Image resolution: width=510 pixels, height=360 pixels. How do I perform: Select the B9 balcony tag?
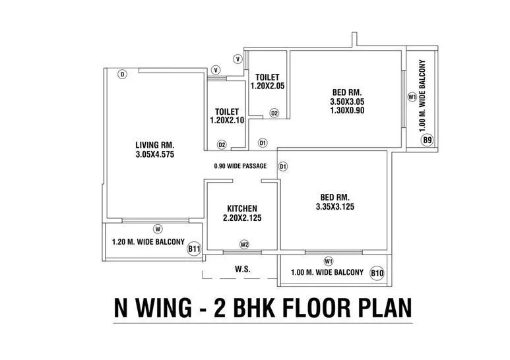pyautogui.click(x=427, y=140)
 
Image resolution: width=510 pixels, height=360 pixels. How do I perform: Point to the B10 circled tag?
pyautogui.click(x=377, y=273)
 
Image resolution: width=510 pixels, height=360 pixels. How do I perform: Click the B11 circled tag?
pyautogui.click(x=194, y=249)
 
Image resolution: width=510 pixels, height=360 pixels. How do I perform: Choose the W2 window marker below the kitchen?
pyautogui.click(x=244, y=245)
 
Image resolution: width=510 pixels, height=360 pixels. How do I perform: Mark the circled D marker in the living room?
pyautogui.click(x=122, y=75)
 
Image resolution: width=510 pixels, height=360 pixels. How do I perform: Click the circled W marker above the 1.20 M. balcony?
pyautogui.click(x=158, y=229)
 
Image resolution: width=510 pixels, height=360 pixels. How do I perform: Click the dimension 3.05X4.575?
pyautogui.click(x=154, y=155)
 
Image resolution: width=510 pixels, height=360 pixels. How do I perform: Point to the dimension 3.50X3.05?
pyautogui.click(x=347, y=102)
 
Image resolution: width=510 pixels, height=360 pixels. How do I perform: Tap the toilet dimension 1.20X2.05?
pyautogui.click(x=267, y=86)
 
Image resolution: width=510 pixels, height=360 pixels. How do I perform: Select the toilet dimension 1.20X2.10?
pyautogui.click(x=226, y=121)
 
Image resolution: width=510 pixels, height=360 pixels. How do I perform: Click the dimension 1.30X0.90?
pyautogui.click(x=347, y=111)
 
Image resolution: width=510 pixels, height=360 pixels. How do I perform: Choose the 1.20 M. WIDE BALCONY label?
pyautogui.click(x=148, y=242)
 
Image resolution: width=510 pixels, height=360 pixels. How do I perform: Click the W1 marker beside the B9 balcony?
pyautogui.click(x=412, y=97)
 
